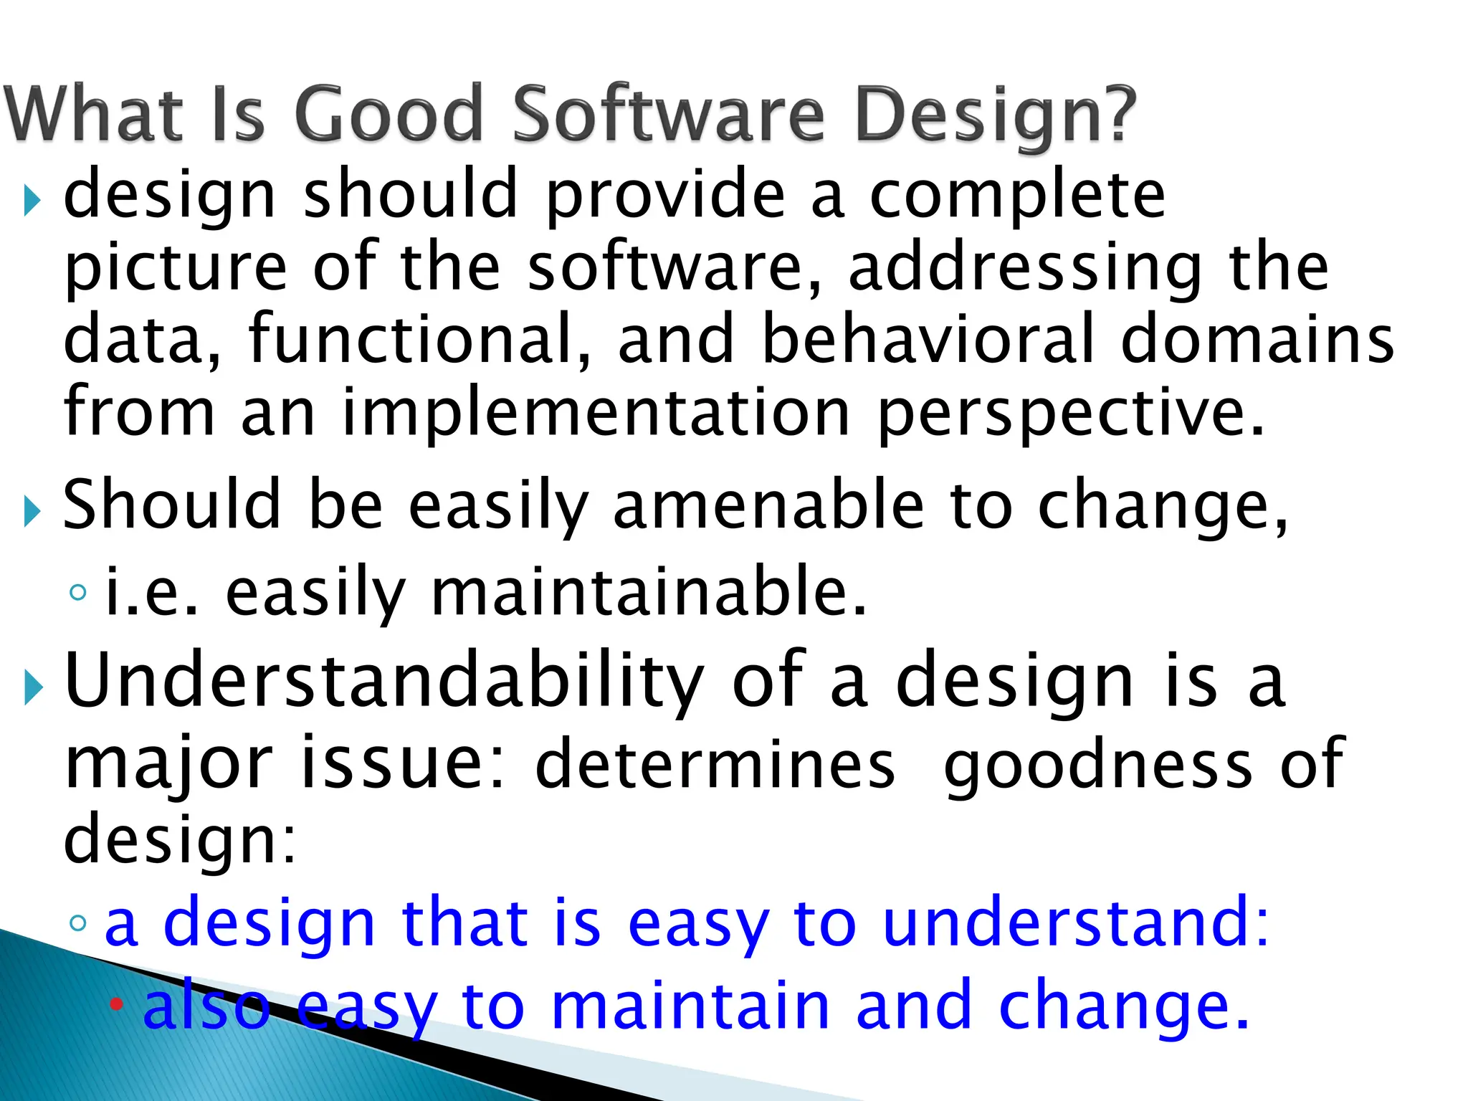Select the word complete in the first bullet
[1017, 195]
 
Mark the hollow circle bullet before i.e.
[78, 593]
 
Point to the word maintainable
[649, 592]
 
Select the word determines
[715, 764]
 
